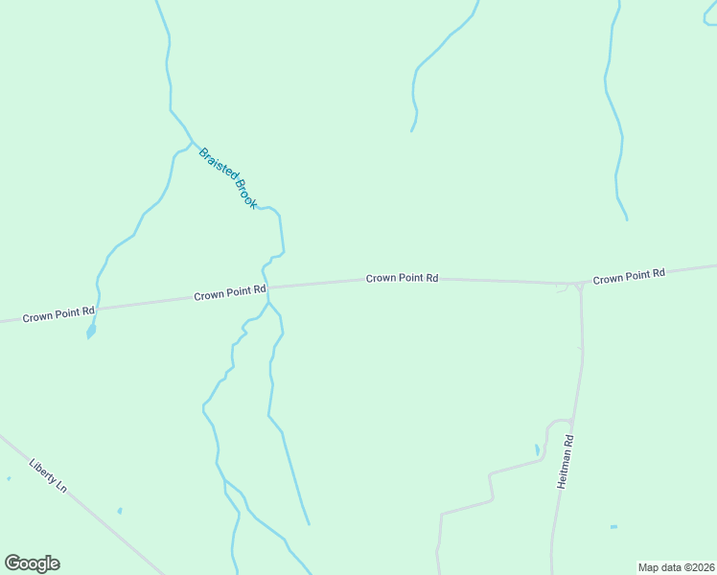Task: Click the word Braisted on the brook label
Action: tap(216, 163)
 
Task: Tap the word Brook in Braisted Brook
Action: tap(246, 194)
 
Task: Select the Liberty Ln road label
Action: tap(48, 473)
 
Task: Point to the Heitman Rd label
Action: tap(567, 463)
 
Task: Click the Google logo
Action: tap(32, 563)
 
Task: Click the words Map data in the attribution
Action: tap(660, 567)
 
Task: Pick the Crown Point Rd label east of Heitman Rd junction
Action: tap(629, 277)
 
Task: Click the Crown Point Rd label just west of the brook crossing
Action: tap(229, 293)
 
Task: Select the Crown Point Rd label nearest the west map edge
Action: tap(58, 312)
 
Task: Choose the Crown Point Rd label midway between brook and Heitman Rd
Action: tap(402, 278)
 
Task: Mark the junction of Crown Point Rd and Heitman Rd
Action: tap(579, 285)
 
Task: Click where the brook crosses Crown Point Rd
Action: tap(266, 287)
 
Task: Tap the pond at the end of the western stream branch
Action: tap(91, 331)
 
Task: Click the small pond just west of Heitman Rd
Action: tap(537, 449)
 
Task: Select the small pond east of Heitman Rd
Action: tap(613, 526)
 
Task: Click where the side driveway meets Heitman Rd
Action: tap(572, 422)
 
